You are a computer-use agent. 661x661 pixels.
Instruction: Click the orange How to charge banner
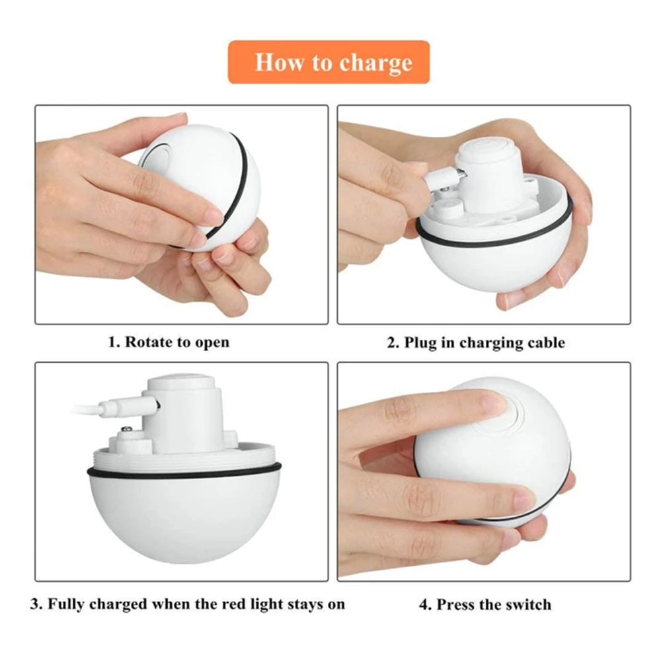click(x=329, y=62)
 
